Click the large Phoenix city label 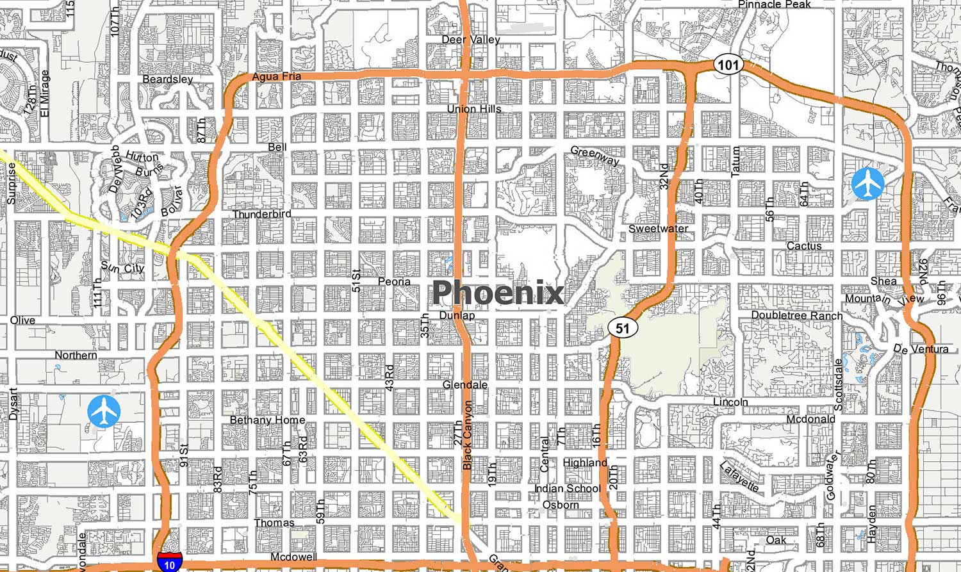tap(498, 293)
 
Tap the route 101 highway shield tap(728, 65)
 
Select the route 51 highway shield tap(623, 329)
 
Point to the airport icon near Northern tap(104, 411)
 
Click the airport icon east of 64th tap(868, 184)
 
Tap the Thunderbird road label tap(261, 214)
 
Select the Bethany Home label tap(267, 420)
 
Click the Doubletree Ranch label tap(796, 315)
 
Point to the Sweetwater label tap(658, 229)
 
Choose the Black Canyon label tap(468, 435)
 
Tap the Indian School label tap(567, 489)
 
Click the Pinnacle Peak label tap(774, 4)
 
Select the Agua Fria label tap(276, 76)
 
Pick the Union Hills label tap(474, 109)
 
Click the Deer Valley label tap(471, 40)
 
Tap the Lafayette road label tap(739, 477)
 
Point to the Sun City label tap(122, 268)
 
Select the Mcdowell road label tap(293, 557)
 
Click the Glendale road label tap(465, 385)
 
